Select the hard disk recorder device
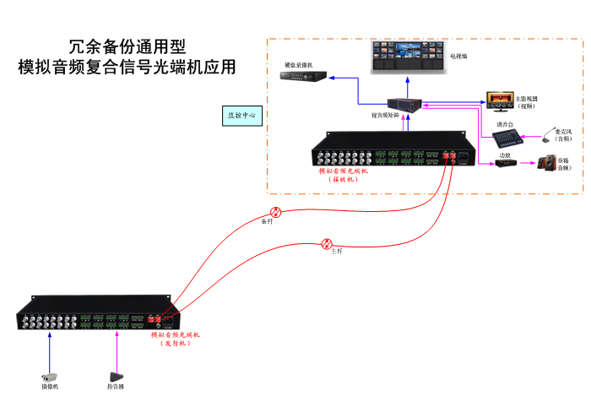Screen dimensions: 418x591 click(300, 78)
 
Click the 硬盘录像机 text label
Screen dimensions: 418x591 click(298, 65)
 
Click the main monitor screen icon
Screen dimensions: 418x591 click(498, 100)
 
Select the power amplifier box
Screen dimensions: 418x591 click(505, 163)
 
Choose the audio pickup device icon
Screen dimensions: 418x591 click(117, 377)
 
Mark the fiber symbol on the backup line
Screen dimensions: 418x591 click(275, 212)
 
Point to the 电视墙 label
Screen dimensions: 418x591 click(458, 57)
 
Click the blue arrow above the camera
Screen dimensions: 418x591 click(50, 346)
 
